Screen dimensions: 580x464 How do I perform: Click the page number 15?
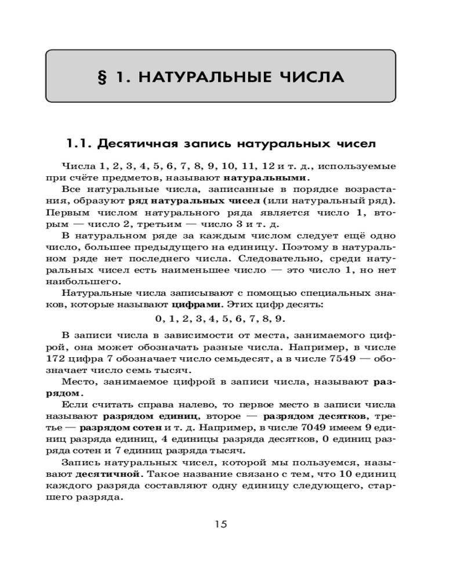click(221, 524)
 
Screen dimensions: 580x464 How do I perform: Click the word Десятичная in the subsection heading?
click(137, 143)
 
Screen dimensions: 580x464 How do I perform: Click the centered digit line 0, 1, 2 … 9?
click(220, 318)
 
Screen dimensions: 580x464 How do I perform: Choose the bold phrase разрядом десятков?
click(314, 416)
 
